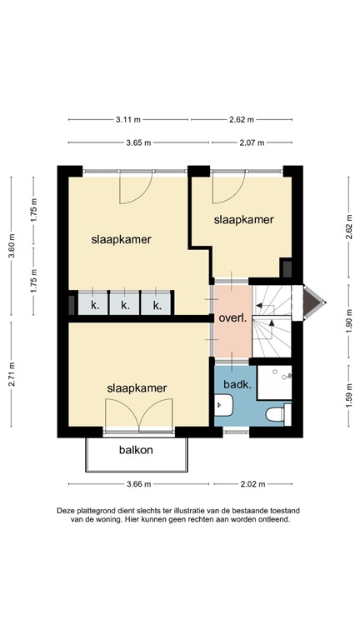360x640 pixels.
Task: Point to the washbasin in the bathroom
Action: [223, 407]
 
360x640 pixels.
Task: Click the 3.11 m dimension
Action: [127, 119]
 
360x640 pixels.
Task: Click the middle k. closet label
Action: [125, 306]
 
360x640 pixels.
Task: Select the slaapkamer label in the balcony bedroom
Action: [137, 387]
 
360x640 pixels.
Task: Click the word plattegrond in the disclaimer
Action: [95, 509]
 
